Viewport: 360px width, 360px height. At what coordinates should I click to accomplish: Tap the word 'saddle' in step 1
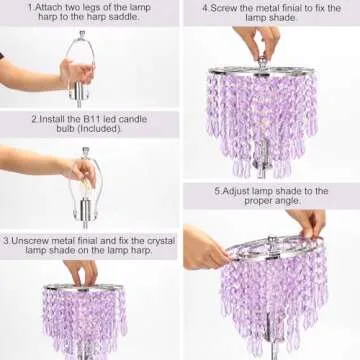tap(133, 19)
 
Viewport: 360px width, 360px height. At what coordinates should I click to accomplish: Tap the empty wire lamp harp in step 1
tap(78, 60)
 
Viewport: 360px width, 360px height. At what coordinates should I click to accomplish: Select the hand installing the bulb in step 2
tap(45, 165)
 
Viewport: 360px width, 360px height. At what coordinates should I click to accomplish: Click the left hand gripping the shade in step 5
tap(204, 250)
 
